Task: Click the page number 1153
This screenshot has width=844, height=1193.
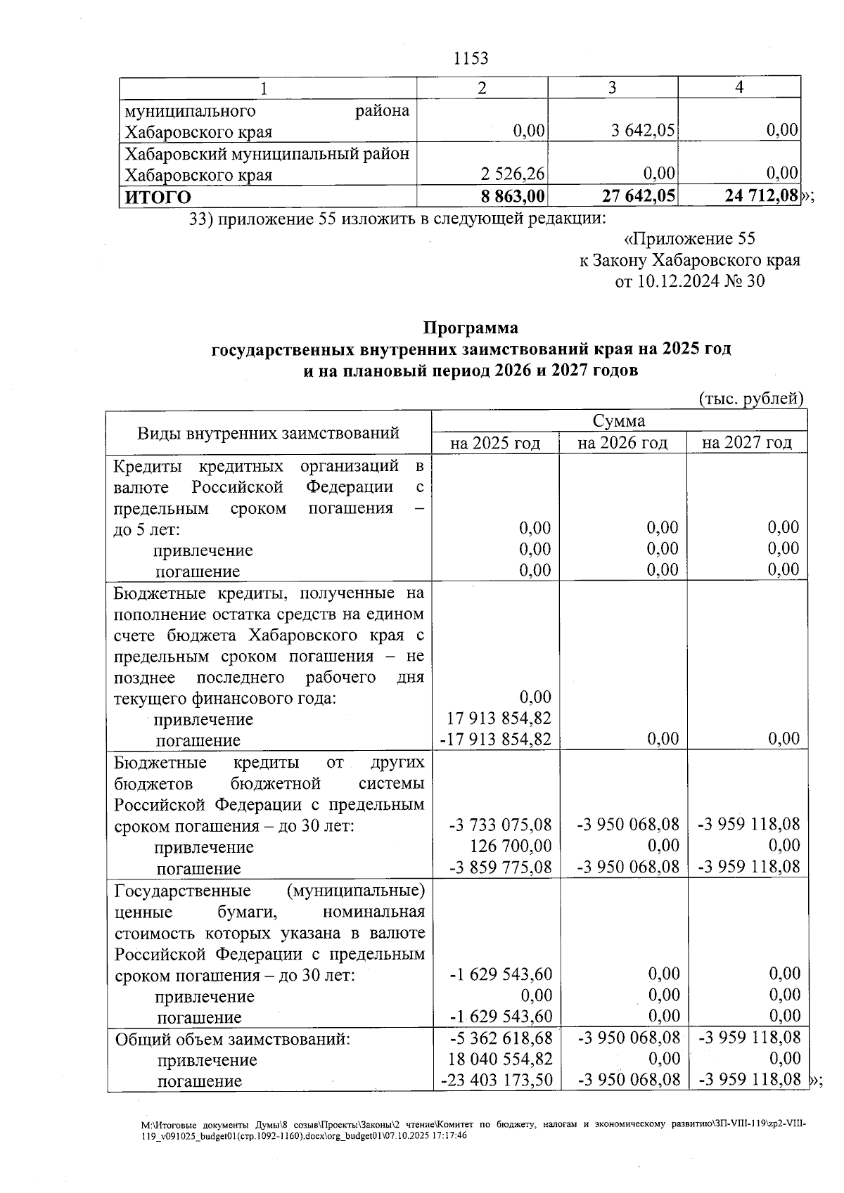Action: (x=471, y=58)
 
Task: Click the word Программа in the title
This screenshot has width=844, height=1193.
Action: (x=471, y=328)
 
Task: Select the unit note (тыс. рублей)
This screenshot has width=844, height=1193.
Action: (x=750, y=399)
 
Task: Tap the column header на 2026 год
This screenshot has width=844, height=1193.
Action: (x=622, y=443)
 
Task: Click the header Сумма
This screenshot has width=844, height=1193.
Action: (x=618, y=421)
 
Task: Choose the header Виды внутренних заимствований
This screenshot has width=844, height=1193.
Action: (x=268, y=432)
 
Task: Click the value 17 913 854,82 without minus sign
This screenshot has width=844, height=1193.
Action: (x=499, y=718)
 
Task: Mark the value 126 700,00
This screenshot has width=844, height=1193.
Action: (x=510, y=846)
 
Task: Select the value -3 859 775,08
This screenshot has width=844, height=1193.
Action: (x=501, y=868)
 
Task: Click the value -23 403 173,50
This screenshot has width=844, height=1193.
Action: (x=496, y=1080)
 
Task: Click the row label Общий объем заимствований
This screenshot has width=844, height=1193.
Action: (x=232, y=1038)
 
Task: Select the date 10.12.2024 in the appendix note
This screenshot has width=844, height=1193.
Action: (x=678, y=282)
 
